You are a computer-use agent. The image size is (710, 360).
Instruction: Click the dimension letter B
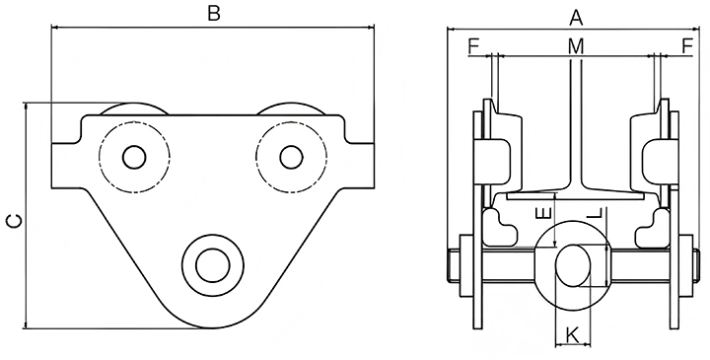pos(214,13)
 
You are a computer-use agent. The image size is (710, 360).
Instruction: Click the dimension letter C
pos(14,221)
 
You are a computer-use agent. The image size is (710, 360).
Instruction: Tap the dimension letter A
pos(576,18)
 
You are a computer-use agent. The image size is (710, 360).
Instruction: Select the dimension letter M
pos(576,46)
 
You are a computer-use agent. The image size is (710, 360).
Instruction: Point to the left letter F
pos(473,46)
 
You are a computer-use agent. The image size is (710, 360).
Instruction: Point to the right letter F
pos(687,46)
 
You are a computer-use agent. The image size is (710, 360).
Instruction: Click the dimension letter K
pos(573,335)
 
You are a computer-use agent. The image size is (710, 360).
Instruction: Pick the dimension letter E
pos(543,213)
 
